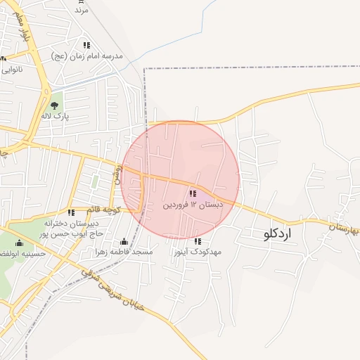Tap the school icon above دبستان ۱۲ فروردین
click(x=193, y=193)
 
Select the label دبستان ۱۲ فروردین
click(x=193, y=205)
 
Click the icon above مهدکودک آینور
click(x=197, y=241)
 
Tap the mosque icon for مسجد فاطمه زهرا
click(x=124, y=241)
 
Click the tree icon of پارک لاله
click(x=54, y=105)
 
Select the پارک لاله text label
click(x=54, y=116)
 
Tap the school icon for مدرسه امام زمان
click(x=86, y=45)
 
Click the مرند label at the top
click(x=82, y=11)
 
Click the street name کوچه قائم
click(x=104, y=210)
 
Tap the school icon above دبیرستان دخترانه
click(x=70, y=212)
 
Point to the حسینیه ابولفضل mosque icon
click(x=19, y=243)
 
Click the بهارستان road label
click(x=344, y=229)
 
